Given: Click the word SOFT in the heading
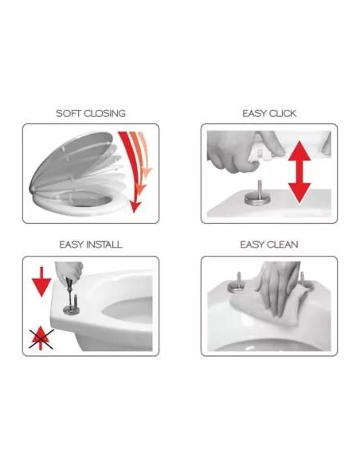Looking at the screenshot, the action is click(68, 113).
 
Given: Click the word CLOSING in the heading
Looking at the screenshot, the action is click(104, 113).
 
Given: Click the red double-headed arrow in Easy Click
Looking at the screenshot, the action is click(299, 172).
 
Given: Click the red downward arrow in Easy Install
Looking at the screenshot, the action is click(41, 281).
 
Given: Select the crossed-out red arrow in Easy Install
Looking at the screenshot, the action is click(41, 338).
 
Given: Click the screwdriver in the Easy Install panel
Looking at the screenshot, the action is click(70, 293).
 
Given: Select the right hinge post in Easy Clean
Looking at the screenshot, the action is click(303, 280).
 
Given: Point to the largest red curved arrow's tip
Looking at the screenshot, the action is click(135, 213).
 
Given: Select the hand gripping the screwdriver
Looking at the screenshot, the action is click(68, 272).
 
